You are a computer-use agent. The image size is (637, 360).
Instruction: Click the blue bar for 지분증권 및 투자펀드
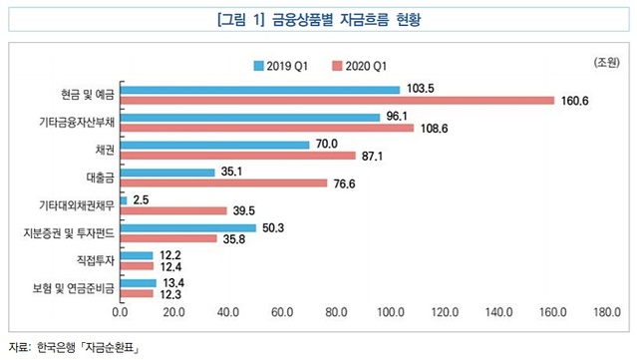pos(187,228)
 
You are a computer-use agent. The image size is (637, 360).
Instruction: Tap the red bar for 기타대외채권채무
pos(172,211)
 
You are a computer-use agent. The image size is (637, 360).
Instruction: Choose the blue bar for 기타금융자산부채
pos(250,117)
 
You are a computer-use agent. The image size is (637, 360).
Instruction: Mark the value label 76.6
pos(345,183)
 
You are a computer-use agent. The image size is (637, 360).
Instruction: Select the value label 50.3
pos(273,228)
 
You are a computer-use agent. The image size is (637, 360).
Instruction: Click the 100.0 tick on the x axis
pos(388,312)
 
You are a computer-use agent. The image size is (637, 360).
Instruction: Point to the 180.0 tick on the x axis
pos(604,312)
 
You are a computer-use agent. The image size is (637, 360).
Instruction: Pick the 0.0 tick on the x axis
pos(119,312)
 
